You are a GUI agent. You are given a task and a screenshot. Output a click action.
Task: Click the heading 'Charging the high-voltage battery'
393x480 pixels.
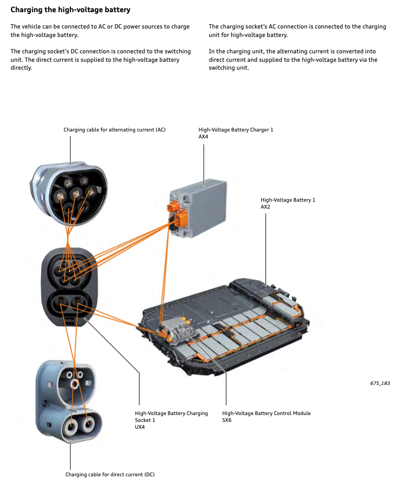70,10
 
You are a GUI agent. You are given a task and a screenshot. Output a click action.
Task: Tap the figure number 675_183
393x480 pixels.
380,383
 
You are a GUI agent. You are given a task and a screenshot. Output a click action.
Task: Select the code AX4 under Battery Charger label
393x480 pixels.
204,137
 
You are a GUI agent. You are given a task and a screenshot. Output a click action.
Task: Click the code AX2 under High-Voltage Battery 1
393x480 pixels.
266,207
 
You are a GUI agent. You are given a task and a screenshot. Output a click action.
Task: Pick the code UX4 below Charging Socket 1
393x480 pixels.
140,427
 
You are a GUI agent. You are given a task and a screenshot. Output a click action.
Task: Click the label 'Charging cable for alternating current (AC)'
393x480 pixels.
114,129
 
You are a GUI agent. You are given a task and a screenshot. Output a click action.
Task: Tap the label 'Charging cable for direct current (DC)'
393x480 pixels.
110,474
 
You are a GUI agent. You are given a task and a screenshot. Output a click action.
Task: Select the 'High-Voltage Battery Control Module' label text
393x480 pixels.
266,413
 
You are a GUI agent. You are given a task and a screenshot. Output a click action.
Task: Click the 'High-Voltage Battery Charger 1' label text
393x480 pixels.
236,129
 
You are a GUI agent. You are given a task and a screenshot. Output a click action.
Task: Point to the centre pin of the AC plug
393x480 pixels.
76,193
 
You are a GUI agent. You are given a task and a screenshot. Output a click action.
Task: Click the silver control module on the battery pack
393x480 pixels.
181,331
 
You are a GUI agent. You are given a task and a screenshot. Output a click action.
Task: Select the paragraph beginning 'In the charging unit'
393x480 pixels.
293,59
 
